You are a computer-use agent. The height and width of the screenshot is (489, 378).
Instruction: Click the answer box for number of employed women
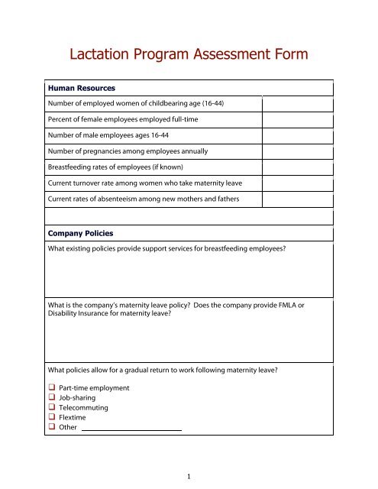pyautogui.click(x=298, y=104)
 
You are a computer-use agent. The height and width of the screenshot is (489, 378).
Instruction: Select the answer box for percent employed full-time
pyautogui.click(x=298, y=120)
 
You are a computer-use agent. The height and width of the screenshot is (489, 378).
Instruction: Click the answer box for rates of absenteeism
pyautogui.click(x=298, y=199)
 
